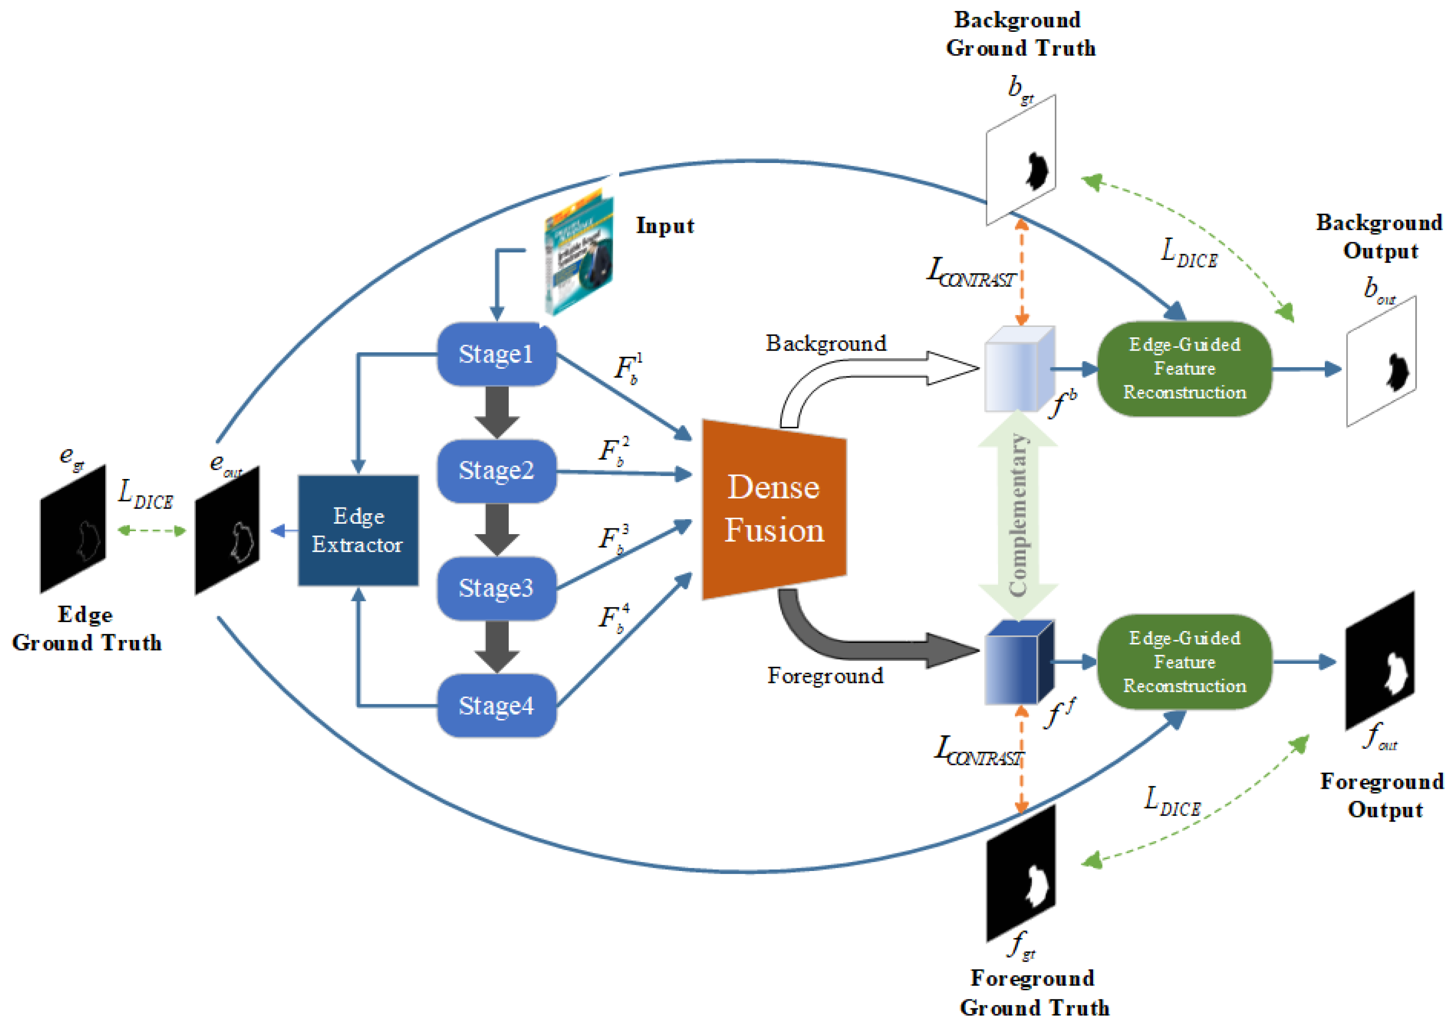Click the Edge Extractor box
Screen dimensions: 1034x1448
(358, 530)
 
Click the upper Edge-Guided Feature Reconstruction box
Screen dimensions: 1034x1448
(1184, 369)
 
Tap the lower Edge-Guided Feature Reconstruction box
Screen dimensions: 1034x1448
(1184, 662)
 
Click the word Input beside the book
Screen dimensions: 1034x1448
(664, 226)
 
